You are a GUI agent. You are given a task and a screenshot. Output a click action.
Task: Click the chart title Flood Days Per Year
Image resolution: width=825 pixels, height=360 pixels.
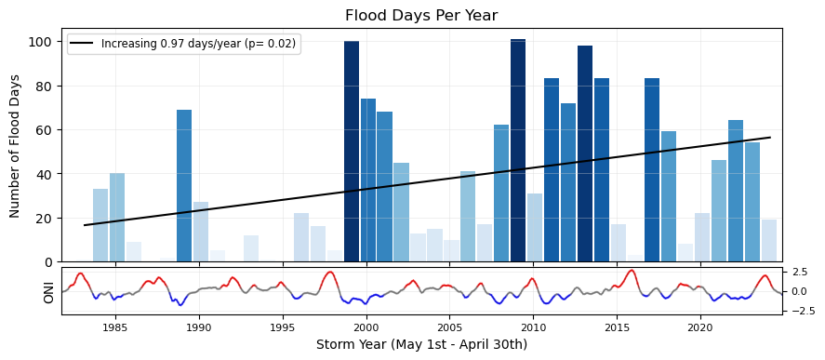click(x=421, y=16)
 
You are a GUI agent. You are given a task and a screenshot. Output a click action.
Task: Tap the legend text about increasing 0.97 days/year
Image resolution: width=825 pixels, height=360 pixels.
click(x=201, y=45)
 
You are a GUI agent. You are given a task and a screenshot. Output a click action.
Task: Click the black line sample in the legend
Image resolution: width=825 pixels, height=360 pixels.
click(x=83, y=45)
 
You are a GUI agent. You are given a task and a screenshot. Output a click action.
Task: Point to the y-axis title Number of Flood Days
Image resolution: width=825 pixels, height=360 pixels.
click(x=15, y=146)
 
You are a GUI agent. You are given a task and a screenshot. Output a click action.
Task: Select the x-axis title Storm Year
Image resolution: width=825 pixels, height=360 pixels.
click(x=421, y=345)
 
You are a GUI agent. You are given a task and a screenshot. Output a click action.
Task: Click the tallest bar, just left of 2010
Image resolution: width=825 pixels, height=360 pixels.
click(x=518, y=151)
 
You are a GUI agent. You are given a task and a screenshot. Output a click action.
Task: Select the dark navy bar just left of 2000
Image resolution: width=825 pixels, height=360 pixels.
click(x=352, y=152)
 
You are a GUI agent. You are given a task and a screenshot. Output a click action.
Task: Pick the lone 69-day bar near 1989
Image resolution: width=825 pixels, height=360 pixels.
click(x=184, y=186)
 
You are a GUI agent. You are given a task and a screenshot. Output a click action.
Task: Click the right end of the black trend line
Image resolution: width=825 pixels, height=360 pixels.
click(x=770, y=138)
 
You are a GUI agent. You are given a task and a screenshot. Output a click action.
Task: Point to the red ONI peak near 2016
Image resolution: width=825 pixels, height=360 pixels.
click(x=631, y=271)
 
